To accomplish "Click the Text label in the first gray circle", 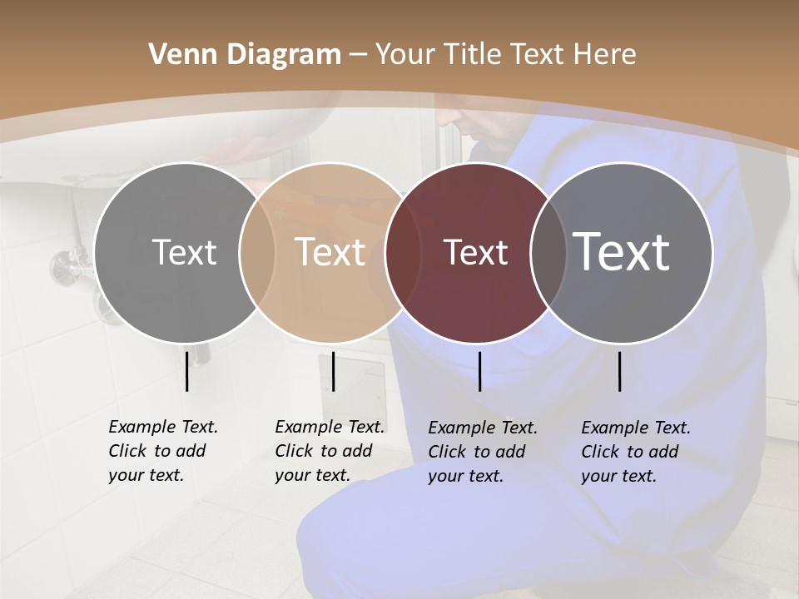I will [x=184, y=252].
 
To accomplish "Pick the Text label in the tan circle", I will [x=330, y=252].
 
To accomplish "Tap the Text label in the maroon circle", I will [x=475, y=252].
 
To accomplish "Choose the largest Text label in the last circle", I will [x=621, y=252].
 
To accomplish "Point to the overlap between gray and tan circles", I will [x=257, y=252].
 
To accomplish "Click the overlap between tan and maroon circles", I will [x=403, y=252].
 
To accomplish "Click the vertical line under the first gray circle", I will [x=187, y=371].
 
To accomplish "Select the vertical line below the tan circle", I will [x=333, y=371].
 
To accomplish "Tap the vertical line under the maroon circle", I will [x=479, y=371].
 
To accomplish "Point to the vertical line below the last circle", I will [x=620, y=371].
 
